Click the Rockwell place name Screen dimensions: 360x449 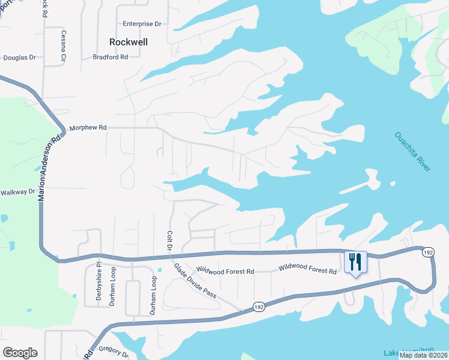[128, 42]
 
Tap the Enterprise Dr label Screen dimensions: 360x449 [142, 24]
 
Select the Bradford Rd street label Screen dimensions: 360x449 [110, 57]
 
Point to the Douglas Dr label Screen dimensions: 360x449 [20, 58]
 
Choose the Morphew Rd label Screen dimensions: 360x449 [88, 127]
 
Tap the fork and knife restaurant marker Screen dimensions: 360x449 [355, 262]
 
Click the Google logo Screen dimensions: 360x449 [20, 353]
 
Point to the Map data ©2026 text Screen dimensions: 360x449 [423, 355]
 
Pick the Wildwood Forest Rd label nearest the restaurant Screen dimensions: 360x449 [307, 271]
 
